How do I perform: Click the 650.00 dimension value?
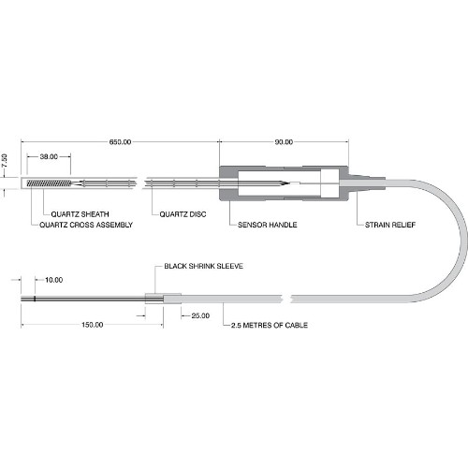point(120,142)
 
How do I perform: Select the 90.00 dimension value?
point(284,142)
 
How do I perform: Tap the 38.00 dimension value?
point(49,156)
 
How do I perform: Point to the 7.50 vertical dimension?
point(5,162)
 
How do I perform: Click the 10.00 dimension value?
point(53,280)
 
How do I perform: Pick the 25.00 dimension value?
point(200,315)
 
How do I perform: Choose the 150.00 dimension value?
point(93,325)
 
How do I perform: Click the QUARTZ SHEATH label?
point(80,214)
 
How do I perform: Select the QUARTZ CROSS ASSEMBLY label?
point(86,225)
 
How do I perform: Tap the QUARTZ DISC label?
point(183,214)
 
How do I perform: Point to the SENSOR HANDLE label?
point(268,225)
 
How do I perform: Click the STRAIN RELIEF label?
point(390,225)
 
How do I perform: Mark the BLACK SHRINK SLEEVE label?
point(203,266)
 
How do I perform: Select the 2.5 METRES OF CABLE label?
point(270,325)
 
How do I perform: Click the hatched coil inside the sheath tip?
point(49,183)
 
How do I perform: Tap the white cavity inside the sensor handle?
point(279,183)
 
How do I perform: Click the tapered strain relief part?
point(367,183)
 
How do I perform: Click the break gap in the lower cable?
point(287,299)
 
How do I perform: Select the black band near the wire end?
point(35,299)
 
